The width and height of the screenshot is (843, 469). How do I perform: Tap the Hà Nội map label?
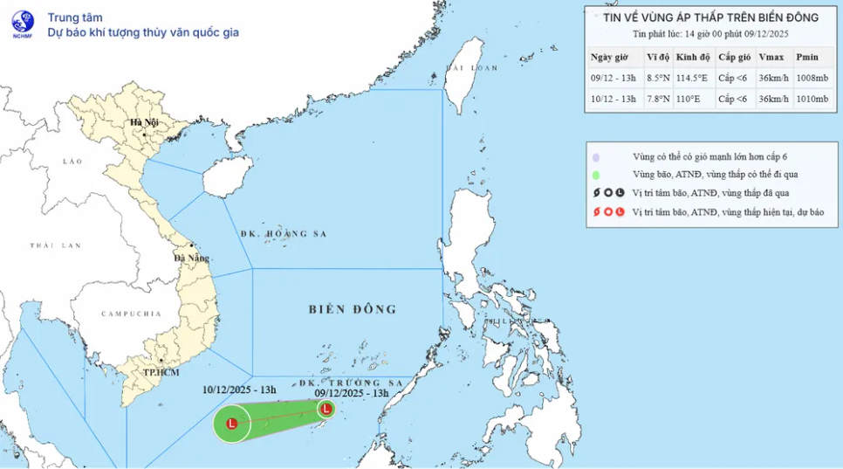(144, 123)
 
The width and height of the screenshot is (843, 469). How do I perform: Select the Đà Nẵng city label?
(191, 258)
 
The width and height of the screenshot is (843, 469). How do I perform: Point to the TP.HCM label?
(162, 372)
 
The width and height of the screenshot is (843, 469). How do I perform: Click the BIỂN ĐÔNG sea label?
(353, 309)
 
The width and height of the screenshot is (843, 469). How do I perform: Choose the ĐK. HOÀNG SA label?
(277, 234)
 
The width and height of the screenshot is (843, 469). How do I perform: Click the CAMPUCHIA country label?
(131, 313)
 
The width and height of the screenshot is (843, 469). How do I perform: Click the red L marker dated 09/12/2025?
(326, 408)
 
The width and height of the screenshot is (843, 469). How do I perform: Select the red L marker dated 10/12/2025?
(232, 424)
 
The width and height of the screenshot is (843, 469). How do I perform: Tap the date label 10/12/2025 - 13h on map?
(239, 390)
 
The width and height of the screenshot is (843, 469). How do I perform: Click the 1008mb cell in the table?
(811, 78)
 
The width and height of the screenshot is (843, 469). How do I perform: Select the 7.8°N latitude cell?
(657, 99)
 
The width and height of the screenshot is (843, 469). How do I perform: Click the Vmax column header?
(771, 57)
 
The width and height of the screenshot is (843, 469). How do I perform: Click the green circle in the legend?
(595, 175)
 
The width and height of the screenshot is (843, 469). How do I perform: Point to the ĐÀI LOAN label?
(472, 67)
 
